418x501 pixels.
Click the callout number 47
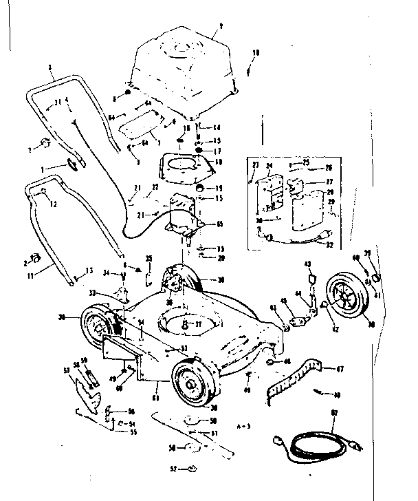338,370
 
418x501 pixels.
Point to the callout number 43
307,264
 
